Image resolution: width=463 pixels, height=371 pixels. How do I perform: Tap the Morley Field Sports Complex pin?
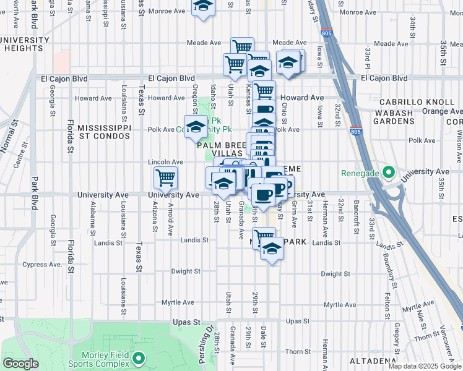[x=139, y=358]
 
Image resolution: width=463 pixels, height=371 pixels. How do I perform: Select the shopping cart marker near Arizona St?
[x=165, y=177]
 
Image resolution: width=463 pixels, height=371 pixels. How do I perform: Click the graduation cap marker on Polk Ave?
[x=196, y=127]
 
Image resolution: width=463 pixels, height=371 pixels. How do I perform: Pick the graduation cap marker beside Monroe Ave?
[x=202, y=7]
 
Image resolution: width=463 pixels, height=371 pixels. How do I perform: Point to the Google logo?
[x=21, y=364]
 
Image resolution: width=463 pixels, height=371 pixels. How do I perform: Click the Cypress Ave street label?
[x=42, y=264]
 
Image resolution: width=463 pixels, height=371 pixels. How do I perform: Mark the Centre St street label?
[x=20, y=154]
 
